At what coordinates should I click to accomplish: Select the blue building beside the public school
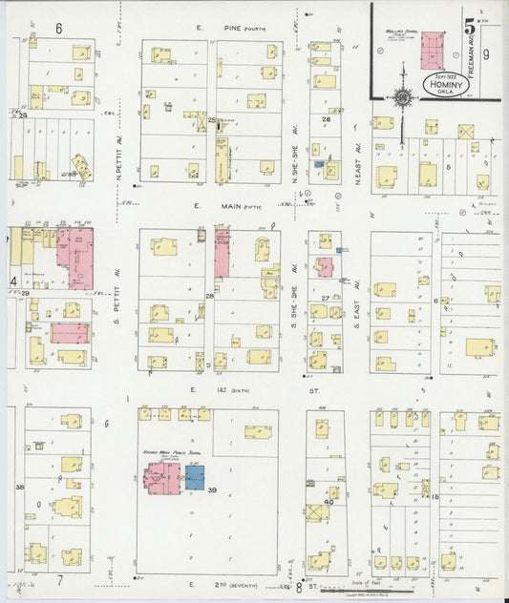coord(195,477)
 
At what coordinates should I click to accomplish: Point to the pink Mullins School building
coord(432,49)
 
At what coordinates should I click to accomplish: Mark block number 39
coord(213,490)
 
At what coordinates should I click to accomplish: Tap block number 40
coord(329,502)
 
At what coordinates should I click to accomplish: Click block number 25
coord(212,120)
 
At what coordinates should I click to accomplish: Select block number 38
coord(19,487)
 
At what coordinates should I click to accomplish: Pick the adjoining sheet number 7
coord(59,579)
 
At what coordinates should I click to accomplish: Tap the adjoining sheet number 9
coord(485,54)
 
